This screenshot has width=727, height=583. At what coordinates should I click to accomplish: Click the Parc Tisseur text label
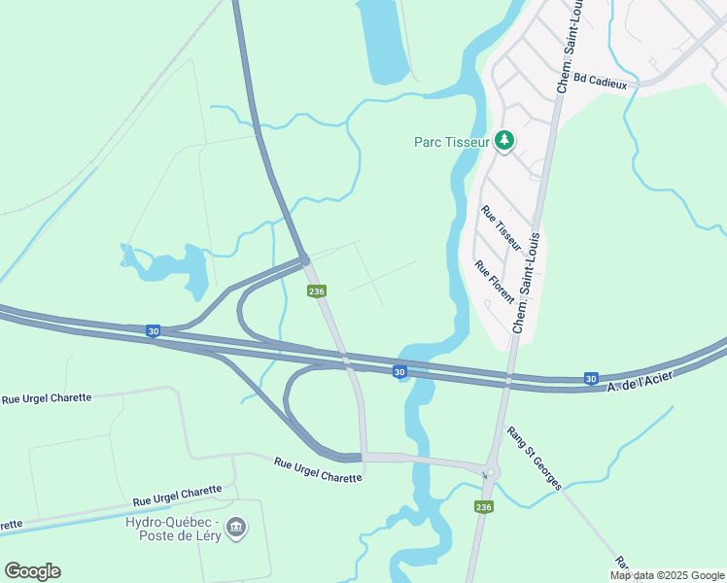pyautogui.click(x=450, y=142)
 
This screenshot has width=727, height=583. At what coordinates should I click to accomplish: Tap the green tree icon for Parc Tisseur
pyautogui.click(x=504, y=142)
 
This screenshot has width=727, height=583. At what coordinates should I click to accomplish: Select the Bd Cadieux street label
pyautogui.click(x=601, y=80)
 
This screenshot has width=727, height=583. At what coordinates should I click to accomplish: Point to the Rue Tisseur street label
pyautogui.click(x=502, y=229)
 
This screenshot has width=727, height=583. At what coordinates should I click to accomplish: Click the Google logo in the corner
pyautogui.click(x=32, y=571)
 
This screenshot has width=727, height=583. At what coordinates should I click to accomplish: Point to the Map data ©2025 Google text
pyautogui.click(x=667, y=575)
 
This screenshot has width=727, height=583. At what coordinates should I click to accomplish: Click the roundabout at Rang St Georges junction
pyautogui.click(x=492, y=473)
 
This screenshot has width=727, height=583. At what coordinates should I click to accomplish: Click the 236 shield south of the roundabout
pyautogui.click(x=483, y=507)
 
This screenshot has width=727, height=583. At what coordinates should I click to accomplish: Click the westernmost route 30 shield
pyautogui.click(x=154, y=331)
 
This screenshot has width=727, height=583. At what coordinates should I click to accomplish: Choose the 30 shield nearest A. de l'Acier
pyautogui.click(x=591, y=378)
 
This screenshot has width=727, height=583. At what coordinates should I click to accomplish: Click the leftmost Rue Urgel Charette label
pyautogui.click(x=47, y=398)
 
